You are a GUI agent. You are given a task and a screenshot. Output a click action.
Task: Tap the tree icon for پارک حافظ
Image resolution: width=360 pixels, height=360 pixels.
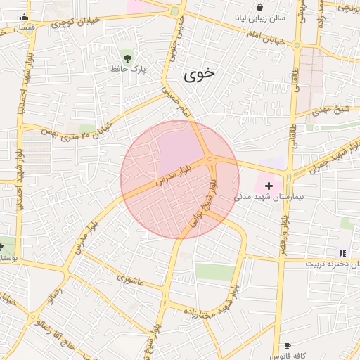coord(127,57)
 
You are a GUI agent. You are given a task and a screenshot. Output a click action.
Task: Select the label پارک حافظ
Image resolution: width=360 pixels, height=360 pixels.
coord(127,68)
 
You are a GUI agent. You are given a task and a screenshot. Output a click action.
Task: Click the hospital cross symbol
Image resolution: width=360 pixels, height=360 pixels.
coord(269,184)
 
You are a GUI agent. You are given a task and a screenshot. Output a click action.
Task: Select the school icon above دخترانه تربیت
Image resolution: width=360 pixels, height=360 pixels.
coord(342,253)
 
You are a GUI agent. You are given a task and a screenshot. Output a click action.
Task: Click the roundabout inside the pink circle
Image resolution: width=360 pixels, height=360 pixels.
coord(210,161)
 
